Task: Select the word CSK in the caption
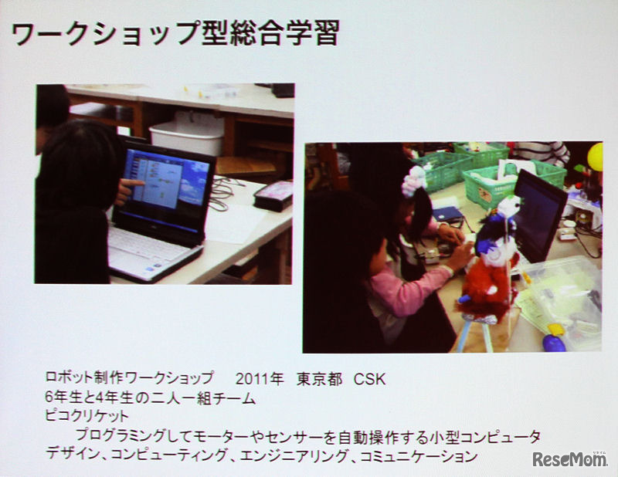[x=368, y=380]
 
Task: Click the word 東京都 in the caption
[x=319, y=380]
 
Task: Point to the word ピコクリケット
[x=87, y=418]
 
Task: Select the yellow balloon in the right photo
[x=595, y=156]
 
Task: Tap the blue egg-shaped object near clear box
[x=554, y=342]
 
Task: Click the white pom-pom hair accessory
[x=416, y=181]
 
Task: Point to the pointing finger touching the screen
[x=136, y=184]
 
